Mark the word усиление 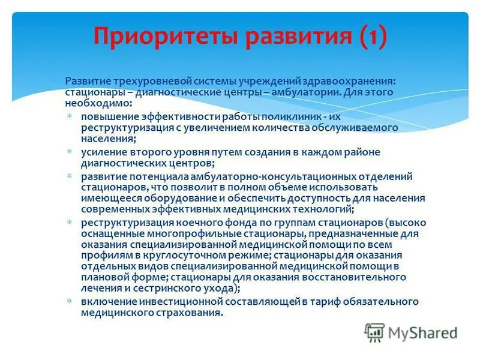point(104,152)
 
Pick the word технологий point(329,209)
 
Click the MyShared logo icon point(374,331)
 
